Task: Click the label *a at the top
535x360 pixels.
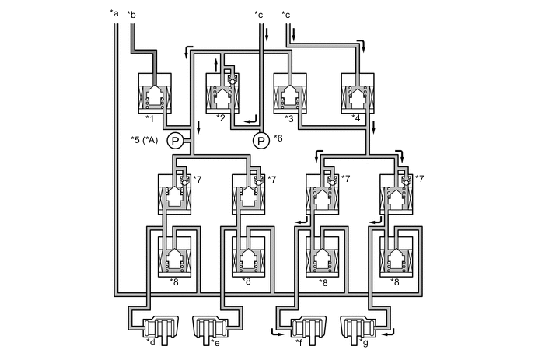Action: point(115,13)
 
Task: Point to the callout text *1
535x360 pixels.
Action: point(149,118)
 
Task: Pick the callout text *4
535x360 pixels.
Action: point(357,118)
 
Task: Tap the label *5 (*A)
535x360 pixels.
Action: point(145,141)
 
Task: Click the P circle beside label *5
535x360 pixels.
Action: point(175,141)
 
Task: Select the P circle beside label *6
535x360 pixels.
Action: point(261,141)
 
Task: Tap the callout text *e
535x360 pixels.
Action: point(215,341)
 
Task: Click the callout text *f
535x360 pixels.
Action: point(299,341)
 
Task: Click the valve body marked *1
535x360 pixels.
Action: point(155,94)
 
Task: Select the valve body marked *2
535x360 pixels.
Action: point(223,94)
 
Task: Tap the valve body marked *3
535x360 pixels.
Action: point(290,94)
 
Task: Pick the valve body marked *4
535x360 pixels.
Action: point(358,94)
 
